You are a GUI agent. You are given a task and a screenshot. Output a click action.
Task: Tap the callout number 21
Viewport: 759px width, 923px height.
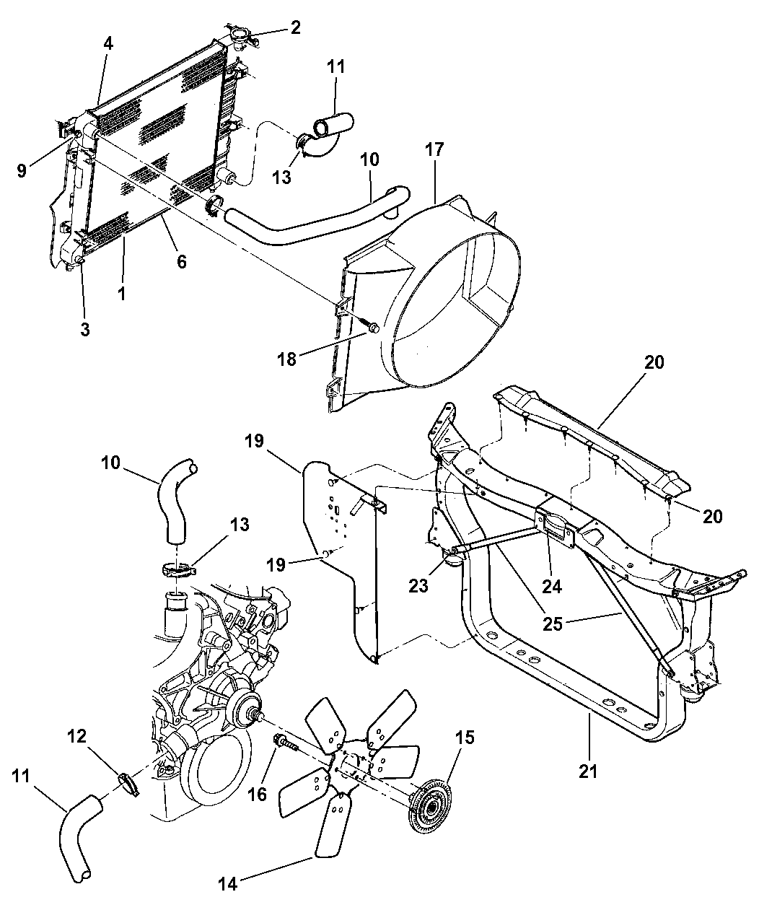tap(588, 771)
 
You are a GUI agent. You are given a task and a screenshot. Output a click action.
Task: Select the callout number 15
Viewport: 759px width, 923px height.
tap(465, 737)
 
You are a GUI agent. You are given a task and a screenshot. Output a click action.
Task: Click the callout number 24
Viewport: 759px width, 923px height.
tap(552, 587)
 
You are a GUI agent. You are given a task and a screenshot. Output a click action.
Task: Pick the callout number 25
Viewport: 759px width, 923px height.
tap(552, 624)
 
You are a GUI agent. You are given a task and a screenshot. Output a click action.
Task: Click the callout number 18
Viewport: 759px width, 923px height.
tap(287, 359)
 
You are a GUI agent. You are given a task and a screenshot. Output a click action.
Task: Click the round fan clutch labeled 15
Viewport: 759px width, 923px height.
tap(429, 808)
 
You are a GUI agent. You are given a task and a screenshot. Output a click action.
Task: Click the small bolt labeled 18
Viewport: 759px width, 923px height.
tap(372, 328)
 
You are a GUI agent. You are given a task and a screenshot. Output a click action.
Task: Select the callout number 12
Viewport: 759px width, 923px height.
tap(77, 736)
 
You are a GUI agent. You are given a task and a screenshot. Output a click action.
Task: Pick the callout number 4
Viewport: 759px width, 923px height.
tap(108, 43)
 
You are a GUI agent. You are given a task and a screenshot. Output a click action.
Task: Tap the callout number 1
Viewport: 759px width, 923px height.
tap(121, 294)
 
